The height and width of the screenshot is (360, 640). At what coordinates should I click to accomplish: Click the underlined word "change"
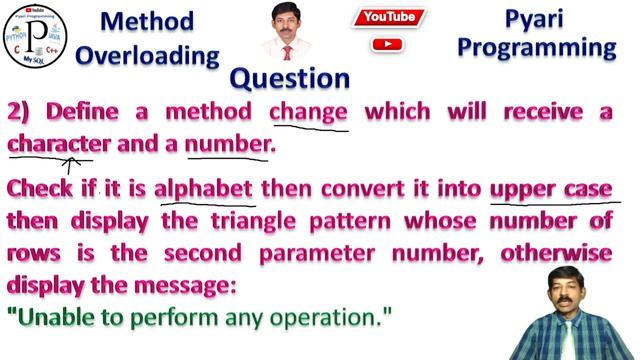tap(308, 111)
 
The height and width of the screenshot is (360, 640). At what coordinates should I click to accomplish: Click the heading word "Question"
tap(290, 78)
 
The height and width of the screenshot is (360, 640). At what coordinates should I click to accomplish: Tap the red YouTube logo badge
tap(390, 17)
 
